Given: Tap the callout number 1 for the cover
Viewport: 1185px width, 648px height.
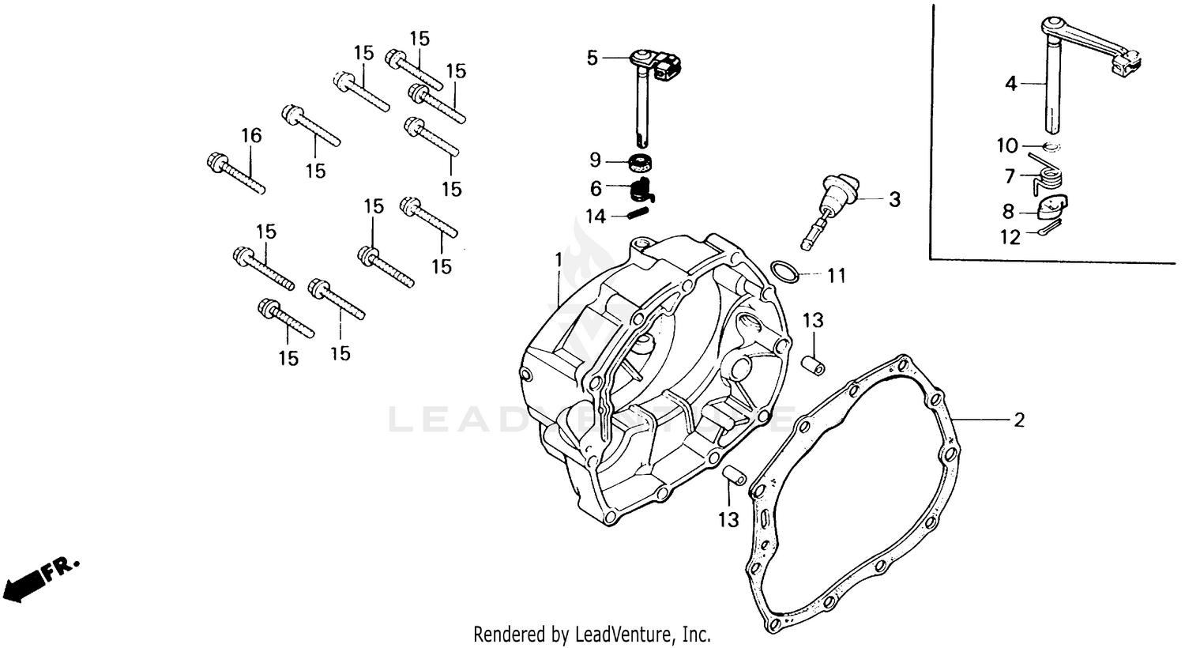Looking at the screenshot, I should coord(558,259).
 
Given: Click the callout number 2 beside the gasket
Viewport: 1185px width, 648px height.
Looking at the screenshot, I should coord(1019,420).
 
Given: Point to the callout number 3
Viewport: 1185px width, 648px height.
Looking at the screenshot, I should coord(894,200).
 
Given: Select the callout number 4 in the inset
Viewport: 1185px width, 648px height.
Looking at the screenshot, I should coord(1011,83).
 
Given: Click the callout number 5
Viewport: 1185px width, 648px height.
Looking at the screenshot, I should coord(592,58).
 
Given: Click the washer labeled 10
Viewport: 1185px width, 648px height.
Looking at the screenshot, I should coord(1051,148).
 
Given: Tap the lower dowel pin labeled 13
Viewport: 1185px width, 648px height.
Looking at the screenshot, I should coord(735,477).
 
